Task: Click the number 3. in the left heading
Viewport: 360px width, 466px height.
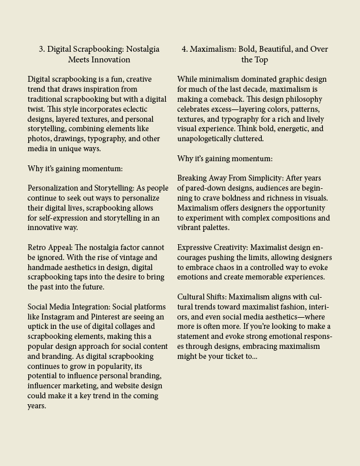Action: point(42,49)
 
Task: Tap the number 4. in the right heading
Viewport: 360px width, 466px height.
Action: point(185,49)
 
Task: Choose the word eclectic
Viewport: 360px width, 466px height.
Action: point(132,109)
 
